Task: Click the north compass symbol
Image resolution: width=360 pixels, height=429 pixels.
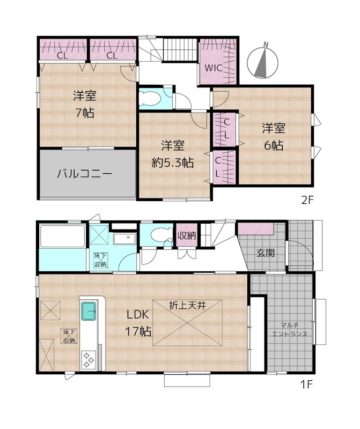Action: coord(262,62)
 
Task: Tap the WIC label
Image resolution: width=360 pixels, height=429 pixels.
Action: coord(214,68)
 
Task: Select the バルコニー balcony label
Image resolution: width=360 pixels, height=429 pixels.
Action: coord(85,174)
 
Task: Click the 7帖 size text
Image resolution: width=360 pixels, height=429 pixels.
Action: coord(85,113)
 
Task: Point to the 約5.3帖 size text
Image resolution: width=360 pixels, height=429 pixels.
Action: coord(173,163)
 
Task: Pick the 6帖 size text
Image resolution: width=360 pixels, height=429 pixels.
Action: coord(274,145)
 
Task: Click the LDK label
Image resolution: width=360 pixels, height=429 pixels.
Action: coord(137,315)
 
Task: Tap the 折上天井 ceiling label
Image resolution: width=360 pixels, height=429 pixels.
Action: coord(187,305)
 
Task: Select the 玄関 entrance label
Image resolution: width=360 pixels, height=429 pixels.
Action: coord(265,253)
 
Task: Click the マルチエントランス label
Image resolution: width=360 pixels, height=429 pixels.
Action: coord(290,330)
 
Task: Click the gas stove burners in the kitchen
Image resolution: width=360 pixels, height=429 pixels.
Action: coord(89,359)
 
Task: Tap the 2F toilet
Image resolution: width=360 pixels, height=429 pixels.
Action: coord(150,98)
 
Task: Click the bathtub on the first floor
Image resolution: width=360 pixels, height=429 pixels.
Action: coord(62,236)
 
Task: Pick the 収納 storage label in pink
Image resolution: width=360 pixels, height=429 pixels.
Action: coord(187,235)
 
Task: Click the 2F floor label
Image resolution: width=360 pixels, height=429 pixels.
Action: coord(307,201)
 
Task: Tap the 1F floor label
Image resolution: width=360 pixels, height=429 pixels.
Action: coord(306,384)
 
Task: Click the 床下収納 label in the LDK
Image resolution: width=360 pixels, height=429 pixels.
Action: coord(70,336)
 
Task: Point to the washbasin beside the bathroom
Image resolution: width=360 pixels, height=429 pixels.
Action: coord(125,239)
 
